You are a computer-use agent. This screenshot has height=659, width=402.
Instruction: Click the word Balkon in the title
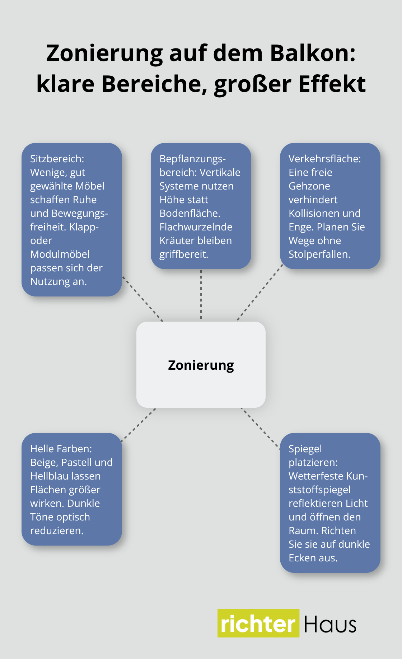point(312,53)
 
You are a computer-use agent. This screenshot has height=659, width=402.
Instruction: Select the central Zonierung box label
point(201,365)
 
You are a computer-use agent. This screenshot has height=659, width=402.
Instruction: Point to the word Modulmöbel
point(60,254)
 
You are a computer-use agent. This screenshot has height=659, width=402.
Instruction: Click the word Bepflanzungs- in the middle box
point(192,159)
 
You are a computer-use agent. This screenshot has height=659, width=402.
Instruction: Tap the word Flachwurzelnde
point(196,227)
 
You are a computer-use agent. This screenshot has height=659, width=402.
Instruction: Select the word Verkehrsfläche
point(324,159)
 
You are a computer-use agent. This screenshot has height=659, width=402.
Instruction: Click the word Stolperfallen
point(319,254)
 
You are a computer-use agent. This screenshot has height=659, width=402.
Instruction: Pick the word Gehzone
point(309,186)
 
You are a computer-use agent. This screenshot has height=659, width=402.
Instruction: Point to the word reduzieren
point(56,531)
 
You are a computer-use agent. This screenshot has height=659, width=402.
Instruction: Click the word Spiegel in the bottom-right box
point(305,449)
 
